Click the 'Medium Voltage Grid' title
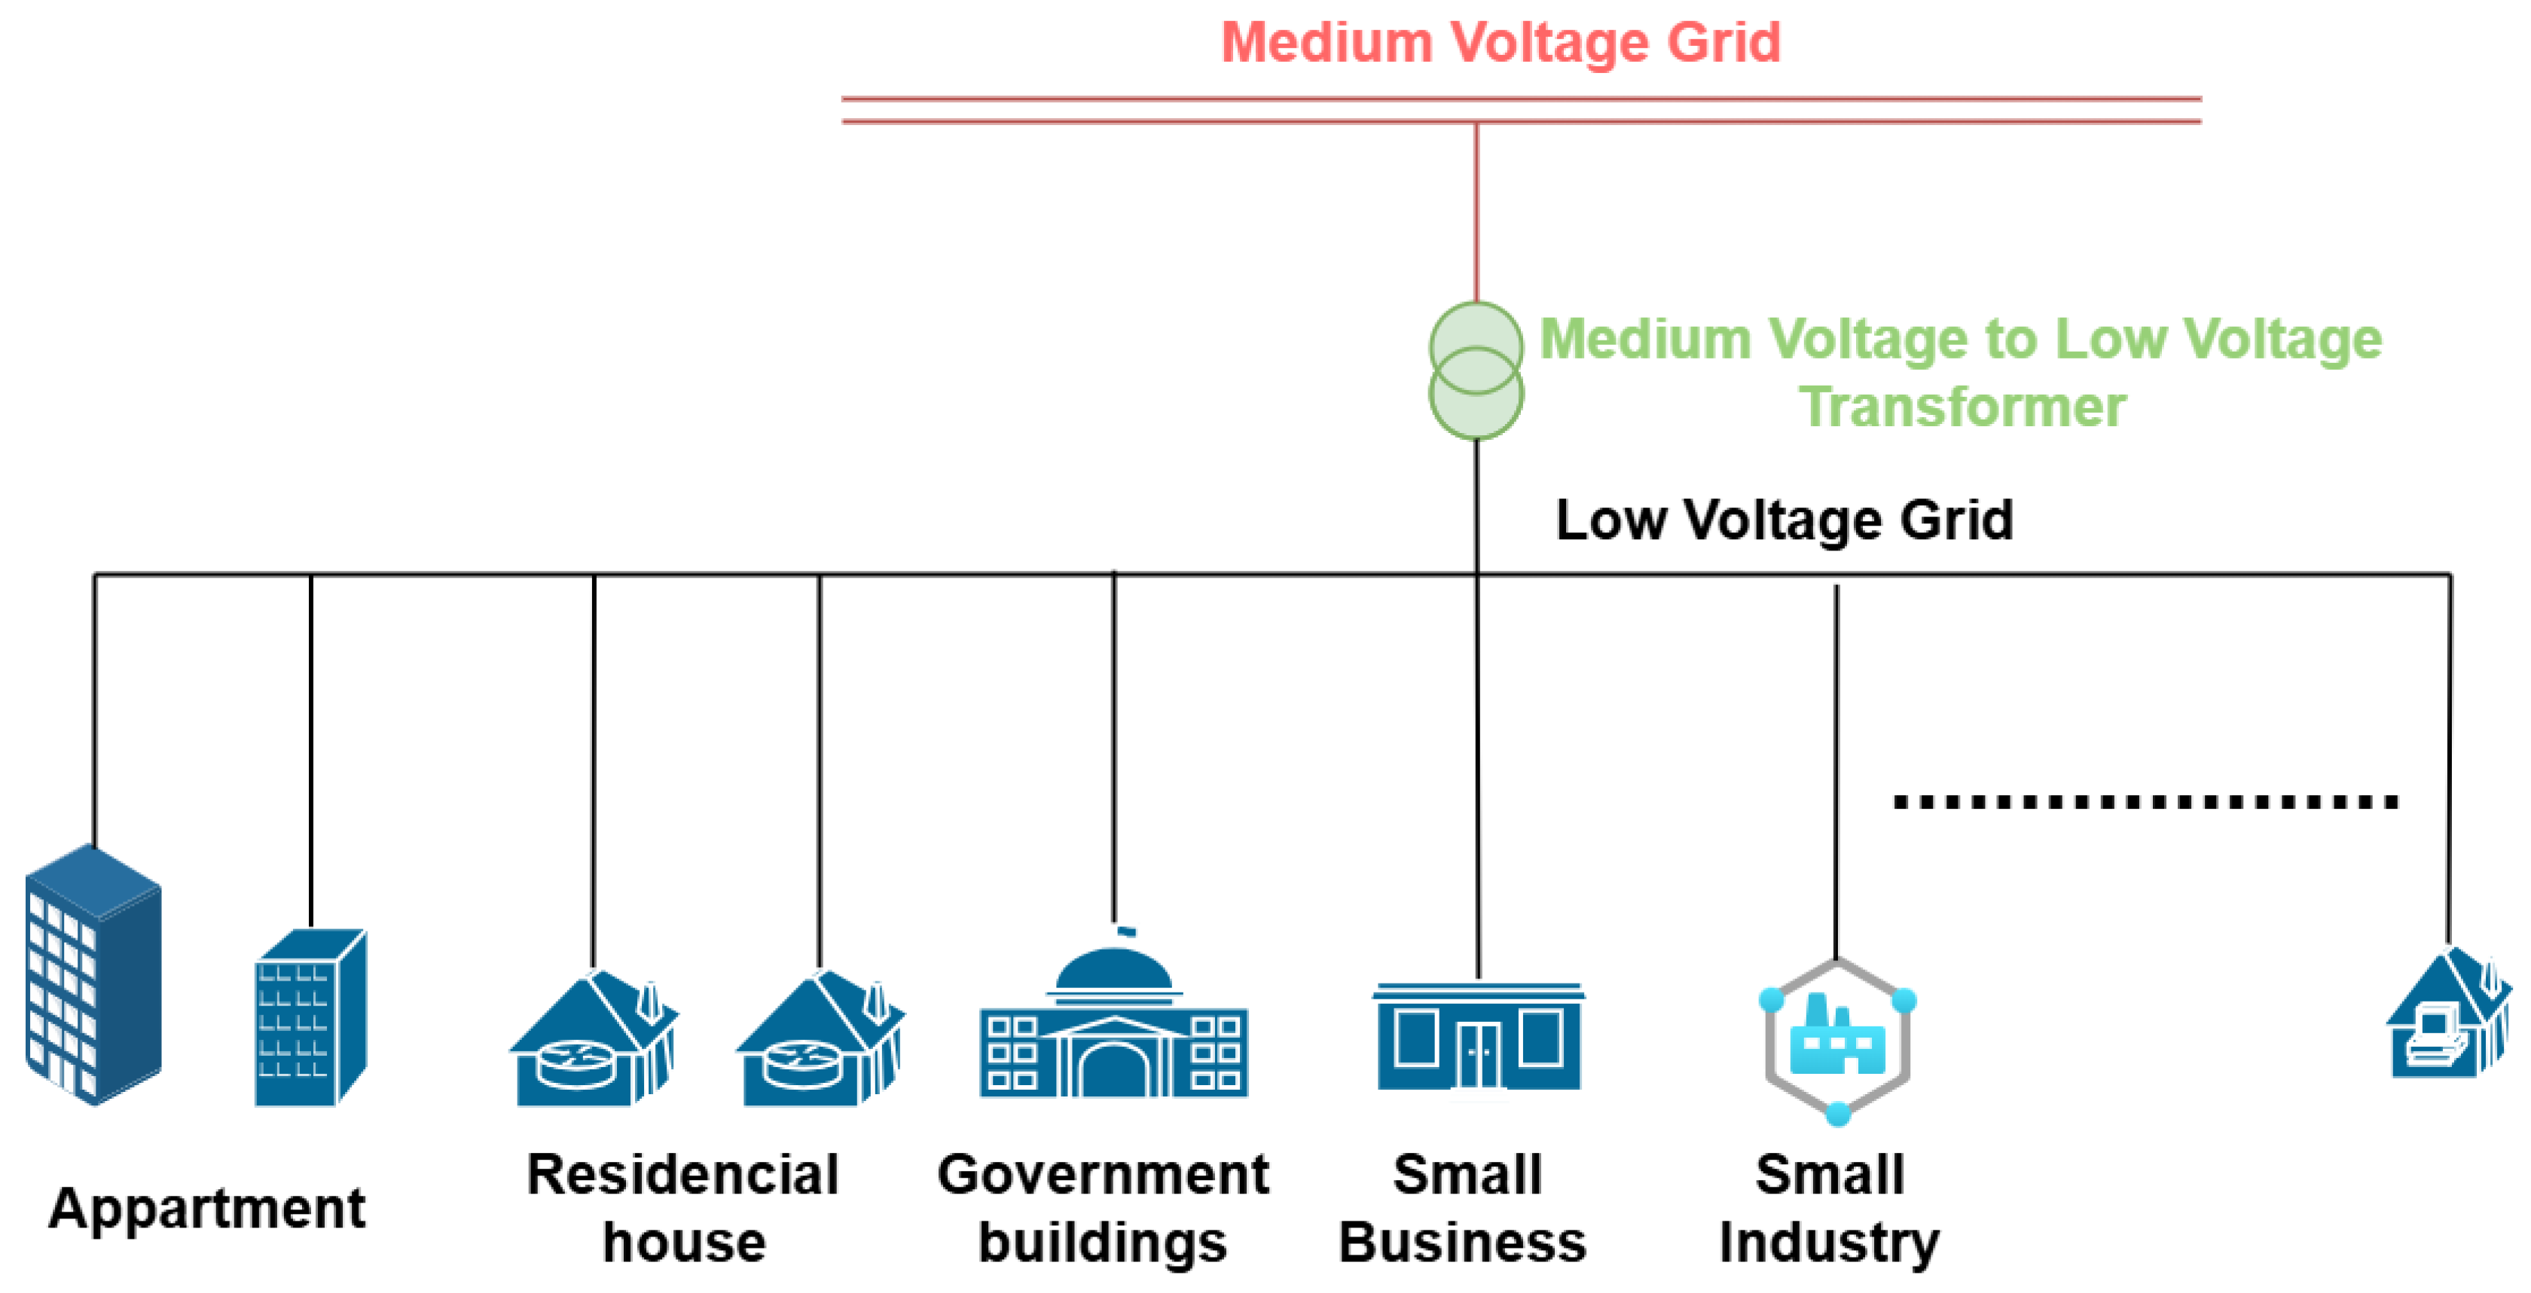click(1501, 43)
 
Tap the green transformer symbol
click(1476, 371)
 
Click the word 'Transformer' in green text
click(1962, 407)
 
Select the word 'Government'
click(1102, 1174)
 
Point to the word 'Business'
click(1462, 1242)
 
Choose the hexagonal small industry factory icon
click(1836, 1042)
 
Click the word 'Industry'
click(1830, 1242)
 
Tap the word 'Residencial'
click(683, 1174)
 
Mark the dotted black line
click(2145, 802)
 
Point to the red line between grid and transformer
click(1476, 212)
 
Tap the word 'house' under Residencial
click(684, 1242)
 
